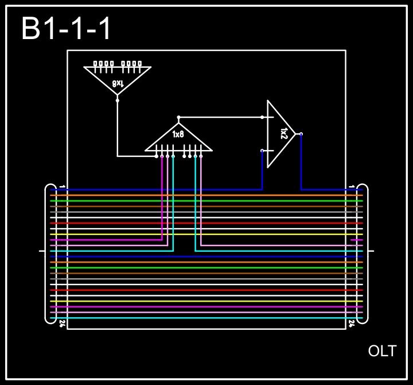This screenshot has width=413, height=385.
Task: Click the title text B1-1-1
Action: tap(66, 29)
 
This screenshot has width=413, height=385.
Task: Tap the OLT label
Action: tap(382, 351)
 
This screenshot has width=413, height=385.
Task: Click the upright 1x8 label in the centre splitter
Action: tap(178, 134)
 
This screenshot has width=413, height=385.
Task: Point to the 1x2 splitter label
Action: tap(283, 134)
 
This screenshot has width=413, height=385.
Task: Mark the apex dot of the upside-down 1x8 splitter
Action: tap(118, 100)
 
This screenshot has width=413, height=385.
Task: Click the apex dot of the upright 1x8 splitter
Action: tap(178, 117)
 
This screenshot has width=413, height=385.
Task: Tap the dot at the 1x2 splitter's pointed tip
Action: tap(301, 134)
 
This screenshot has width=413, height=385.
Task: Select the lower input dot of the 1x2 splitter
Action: tap(263, 151)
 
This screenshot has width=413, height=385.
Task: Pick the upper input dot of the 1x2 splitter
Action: tap(263, 117)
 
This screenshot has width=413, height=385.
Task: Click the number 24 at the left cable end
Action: tap(62, 324)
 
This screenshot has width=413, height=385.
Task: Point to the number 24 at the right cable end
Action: tap(352, 324)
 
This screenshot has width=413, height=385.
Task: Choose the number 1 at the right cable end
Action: tap(351, 187)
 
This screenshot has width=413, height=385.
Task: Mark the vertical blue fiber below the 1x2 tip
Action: tap(301, 164)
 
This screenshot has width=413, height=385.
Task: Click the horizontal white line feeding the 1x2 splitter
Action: tap(221, 117)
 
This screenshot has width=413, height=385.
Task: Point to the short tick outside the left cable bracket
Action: tap(41, 251)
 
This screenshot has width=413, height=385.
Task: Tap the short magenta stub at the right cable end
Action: tap(356, 240)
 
